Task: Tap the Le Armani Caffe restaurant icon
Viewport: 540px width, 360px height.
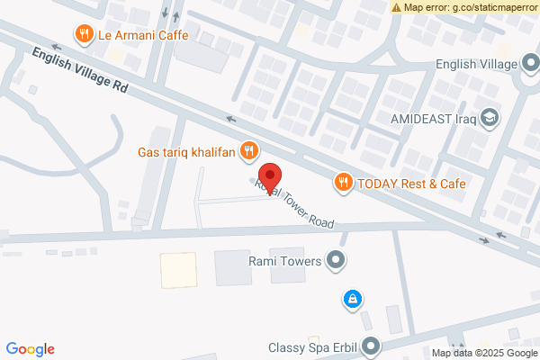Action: point(84,35)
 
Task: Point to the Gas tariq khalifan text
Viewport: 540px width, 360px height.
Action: point(186,151)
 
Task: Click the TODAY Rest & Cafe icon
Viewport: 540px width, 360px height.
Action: point(343,183)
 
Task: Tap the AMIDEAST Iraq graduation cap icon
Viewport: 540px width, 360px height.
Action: point(490,118)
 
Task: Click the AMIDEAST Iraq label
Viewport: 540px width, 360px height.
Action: point(431,118)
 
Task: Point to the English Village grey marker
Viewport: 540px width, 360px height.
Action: point(531,64)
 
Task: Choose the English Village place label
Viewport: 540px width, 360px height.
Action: point(475,64)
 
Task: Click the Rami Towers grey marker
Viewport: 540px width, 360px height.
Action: point(337,262)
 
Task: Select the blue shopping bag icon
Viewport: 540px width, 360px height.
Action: point(353,298)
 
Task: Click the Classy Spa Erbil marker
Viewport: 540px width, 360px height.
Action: point(372,346)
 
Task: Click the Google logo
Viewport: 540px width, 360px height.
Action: point(31,349)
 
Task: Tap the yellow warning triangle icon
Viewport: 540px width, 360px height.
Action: point(397,7)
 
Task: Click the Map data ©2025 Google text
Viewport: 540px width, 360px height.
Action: point(484,353)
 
